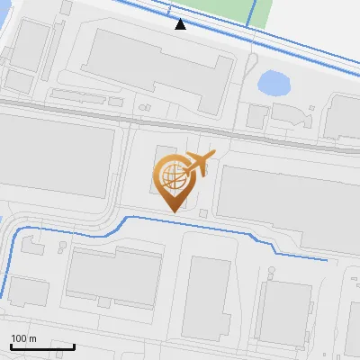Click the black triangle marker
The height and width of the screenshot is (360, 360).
pyautogui.click(x=181, y=24)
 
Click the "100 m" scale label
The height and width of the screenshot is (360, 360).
pyautogui.click(x=23, y=338)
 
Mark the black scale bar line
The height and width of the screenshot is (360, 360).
pyautogui.click(x=42, y=346)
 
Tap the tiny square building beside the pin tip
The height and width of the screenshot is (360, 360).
pyautogui.click(x=203, y=213)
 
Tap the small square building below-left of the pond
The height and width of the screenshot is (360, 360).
pyautogui.click(x=257, y=115)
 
